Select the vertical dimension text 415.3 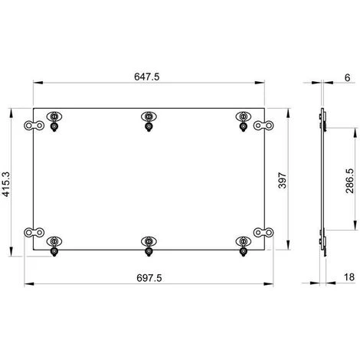click(x=7, y=184)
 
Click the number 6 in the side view click(x=346, y=77)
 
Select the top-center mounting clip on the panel click(x=149, y=119)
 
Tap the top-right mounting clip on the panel click(x=244, y=119)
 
